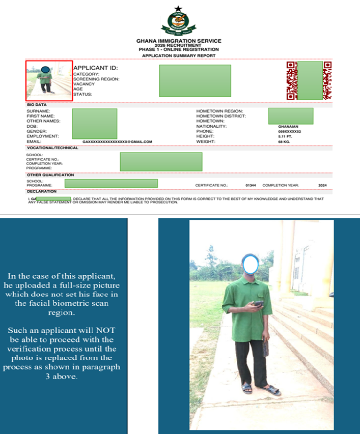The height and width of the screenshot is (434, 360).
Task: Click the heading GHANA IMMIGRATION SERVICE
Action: (x=179, y=41)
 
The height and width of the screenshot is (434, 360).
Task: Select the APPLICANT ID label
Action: (x=96, y=68)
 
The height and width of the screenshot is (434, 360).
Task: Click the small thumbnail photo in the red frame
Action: (x=49, y=80)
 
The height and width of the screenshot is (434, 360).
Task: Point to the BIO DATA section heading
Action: (x=37, y=104)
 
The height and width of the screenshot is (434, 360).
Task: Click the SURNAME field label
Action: (x=38, y=111)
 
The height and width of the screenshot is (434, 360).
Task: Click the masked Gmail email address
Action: (x=118, y=141)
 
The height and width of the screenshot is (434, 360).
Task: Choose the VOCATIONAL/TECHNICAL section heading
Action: (x=52, y=148)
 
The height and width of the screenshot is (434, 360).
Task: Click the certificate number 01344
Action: (x=251, y=185)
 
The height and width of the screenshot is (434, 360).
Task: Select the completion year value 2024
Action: (x=322, y=185)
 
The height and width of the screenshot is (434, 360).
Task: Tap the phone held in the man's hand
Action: (x=258, y=304)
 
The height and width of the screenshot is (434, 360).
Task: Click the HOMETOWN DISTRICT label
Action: (x=221, y=116)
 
